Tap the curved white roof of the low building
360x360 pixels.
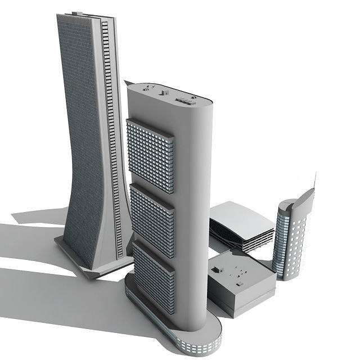(239, 214)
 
